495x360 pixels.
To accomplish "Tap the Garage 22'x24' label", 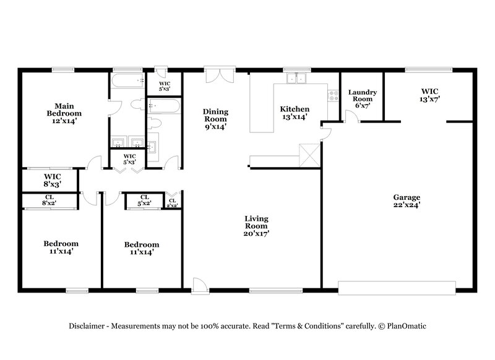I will click(x=406, y=202).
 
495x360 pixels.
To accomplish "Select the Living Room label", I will click(x=256, y=226).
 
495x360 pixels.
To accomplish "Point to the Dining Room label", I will click(x=215, y=119).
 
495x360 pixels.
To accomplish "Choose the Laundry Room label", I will click(x=361, y=99).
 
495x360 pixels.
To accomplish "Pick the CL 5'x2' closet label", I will click(x=144, y=199).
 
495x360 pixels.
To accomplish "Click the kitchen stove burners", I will click(x=334, y=96).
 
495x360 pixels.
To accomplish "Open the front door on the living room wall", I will click(x=200, y=286).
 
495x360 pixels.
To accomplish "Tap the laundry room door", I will click(x=350, y=118).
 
